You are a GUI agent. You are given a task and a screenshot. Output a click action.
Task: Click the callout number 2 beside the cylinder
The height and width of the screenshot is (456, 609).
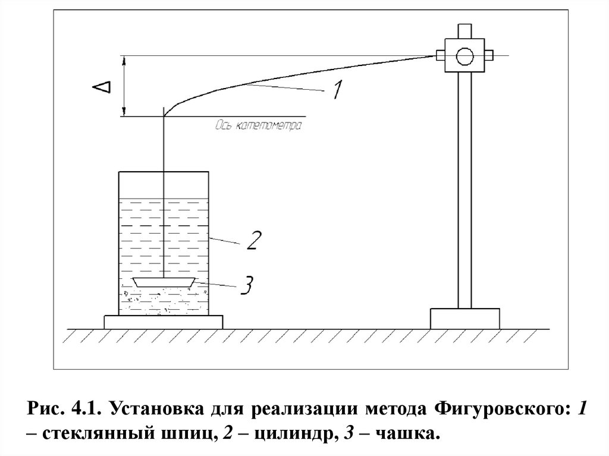coord(252,240)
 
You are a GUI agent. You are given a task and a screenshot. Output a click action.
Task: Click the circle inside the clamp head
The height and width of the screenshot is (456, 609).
coord(464,56)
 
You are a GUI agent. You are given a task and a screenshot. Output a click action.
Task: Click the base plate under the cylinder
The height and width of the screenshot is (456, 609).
coord(163,322)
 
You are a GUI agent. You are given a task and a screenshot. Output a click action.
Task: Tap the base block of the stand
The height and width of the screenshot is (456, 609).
coord(464,318)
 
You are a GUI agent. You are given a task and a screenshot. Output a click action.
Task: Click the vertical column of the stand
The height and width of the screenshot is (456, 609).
coord(464,190)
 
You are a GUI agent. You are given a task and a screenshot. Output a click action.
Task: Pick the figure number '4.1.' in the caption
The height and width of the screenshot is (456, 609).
coord(88,410)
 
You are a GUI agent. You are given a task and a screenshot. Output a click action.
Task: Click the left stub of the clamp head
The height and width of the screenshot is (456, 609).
coord(441,56)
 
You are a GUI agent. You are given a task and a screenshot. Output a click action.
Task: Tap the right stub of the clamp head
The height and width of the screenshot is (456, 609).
coord(488,56)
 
